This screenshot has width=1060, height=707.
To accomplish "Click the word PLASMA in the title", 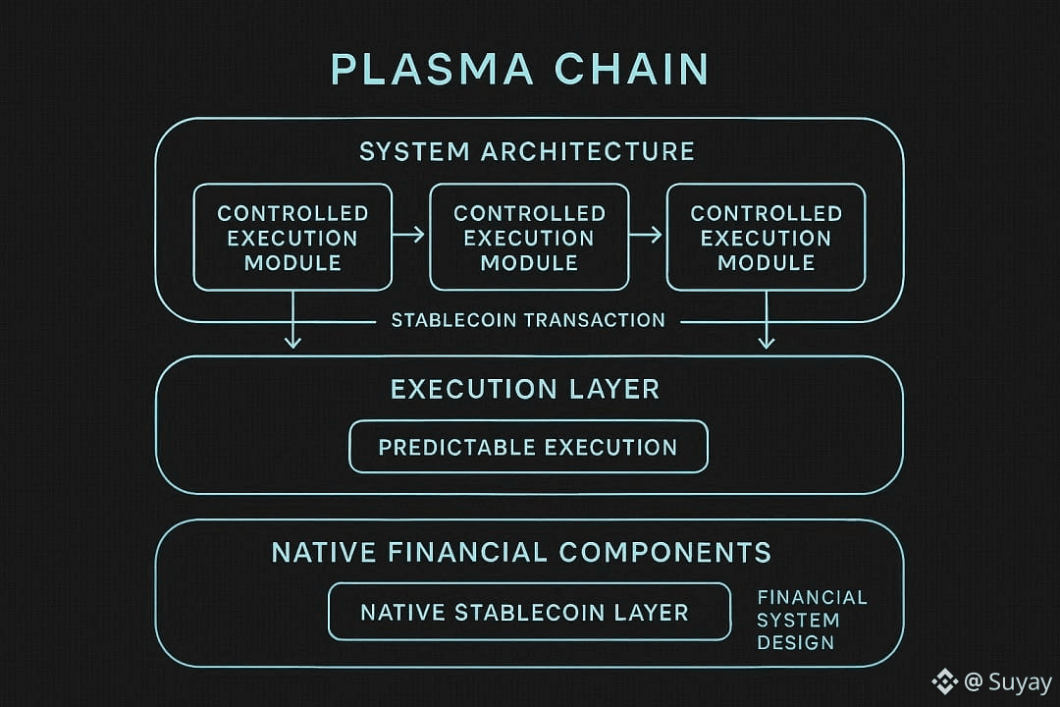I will tap(432, 70).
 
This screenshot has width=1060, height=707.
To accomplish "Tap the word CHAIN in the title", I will tap(631, 70).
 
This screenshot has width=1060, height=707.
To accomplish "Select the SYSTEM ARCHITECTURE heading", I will tap(527, 151).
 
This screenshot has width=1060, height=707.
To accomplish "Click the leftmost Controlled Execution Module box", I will tap(292, 238).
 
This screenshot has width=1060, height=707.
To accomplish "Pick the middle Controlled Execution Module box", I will tap(529, 238).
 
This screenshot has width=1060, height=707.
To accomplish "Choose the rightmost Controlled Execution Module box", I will tap(766, 238).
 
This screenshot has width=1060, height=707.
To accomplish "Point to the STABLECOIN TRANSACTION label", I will tap(528, 320).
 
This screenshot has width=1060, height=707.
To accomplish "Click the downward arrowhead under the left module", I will tap(292, 341).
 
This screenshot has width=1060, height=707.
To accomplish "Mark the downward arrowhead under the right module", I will tap(767, 341).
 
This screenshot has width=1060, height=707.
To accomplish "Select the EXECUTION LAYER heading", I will tap(525, 389).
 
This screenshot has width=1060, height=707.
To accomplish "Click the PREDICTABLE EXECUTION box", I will tap(528, 447).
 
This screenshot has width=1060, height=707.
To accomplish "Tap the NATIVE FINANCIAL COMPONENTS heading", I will tap(521, 552).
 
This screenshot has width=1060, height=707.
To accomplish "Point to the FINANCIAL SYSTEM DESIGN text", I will tap(811, 620).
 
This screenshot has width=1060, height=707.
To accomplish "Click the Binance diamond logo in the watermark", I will tap(944, 680).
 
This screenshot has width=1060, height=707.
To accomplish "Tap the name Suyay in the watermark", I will tap(1020, 681).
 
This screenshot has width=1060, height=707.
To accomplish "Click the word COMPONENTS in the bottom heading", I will tap(664, 552).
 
